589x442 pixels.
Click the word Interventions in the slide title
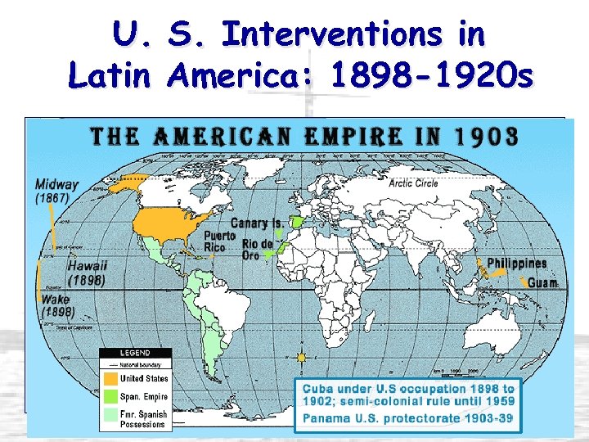[353, 34]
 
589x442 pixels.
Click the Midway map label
[57, 184]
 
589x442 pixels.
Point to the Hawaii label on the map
[88, 266]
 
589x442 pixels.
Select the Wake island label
[55, 300]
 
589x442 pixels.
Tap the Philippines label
[516, 264]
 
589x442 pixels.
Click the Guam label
[543, 283]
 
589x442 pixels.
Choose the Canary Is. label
[256, 223]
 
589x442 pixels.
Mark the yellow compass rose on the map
[302, 357]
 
